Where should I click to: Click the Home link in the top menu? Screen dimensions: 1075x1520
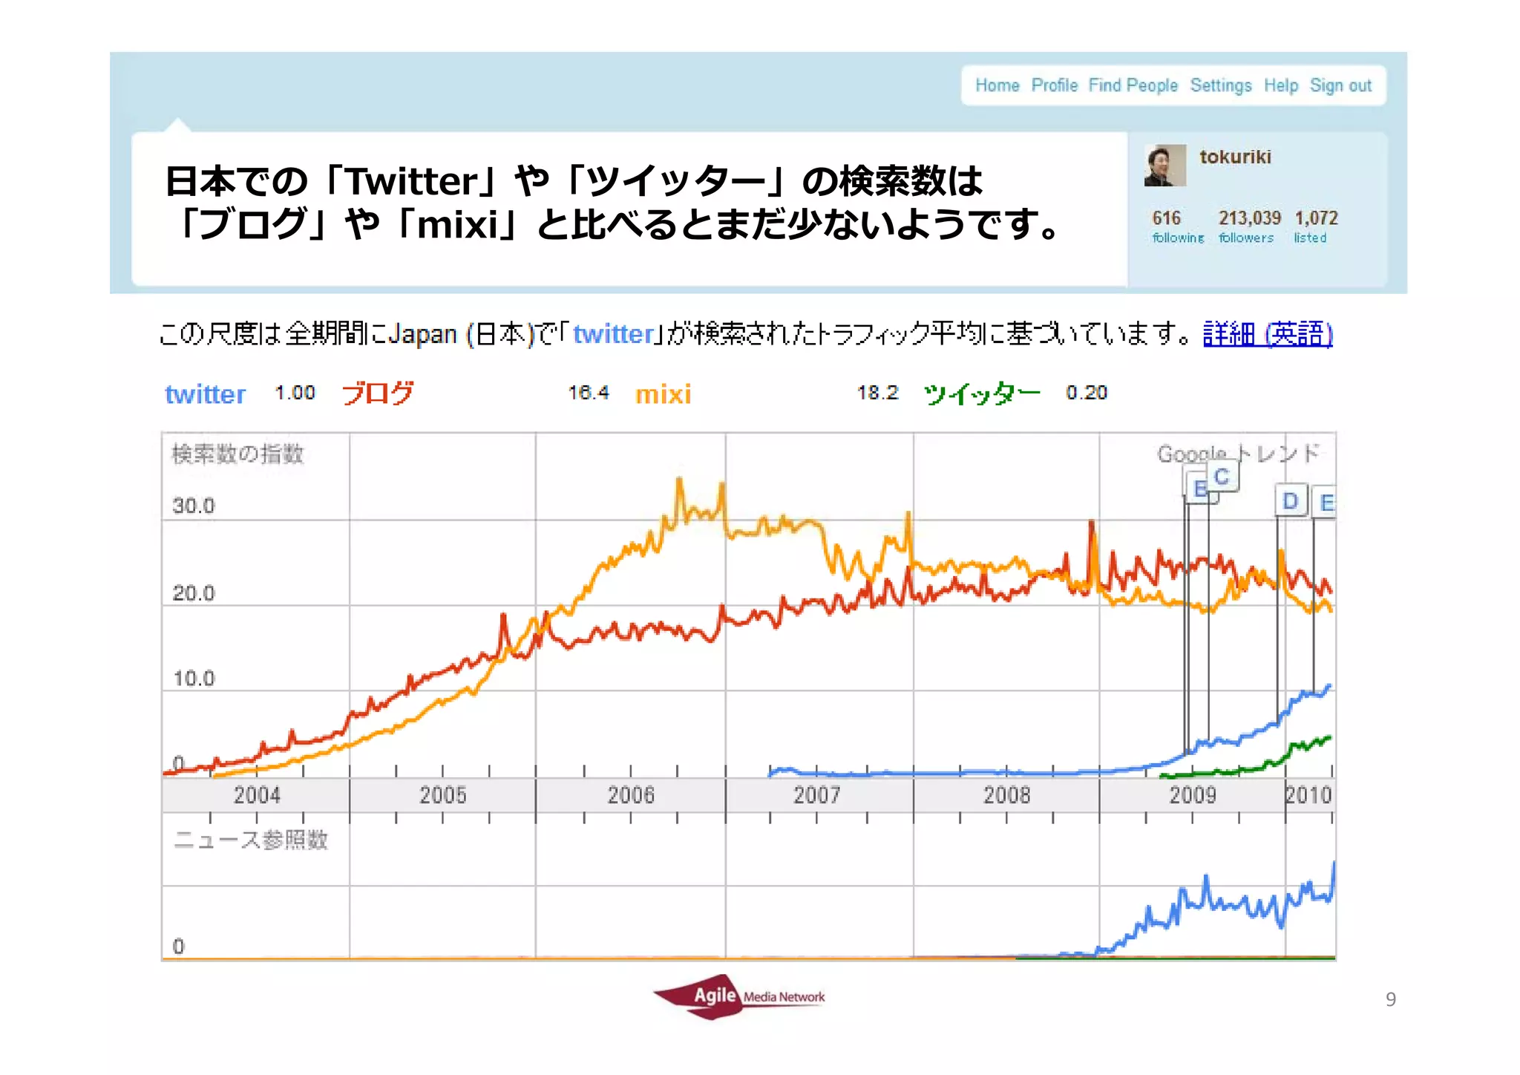tap(997, 85)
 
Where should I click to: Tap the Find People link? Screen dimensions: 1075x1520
tap(1133, 85)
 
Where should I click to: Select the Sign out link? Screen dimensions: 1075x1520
tap(1340, 85)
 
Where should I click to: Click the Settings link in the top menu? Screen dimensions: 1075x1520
tap(1221, 85)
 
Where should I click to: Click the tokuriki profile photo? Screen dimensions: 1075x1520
tap(1165, 166)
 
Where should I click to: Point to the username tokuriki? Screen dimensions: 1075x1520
tap(1235, 157)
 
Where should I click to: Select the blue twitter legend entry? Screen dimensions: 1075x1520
tap(205, 394)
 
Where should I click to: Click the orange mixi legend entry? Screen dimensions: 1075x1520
tap(663, 394)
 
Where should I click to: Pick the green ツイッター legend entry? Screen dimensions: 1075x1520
tap(981, 393)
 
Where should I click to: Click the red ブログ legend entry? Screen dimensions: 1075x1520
tap(377, 393)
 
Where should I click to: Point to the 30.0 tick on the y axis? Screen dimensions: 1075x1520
tap(193, 506)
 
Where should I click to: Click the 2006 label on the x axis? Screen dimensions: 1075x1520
tap(631, 795)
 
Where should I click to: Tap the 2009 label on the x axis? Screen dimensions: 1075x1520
tap(1193, 795)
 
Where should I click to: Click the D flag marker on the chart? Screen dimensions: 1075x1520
tap(1291, 501)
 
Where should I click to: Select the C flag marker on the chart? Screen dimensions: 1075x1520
tap(1222, 477)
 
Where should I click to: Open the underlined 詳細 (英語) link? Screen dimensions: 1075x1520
tap(1268, 334)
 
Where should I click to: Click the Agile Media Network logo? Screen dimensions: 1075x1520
tap(738, 996)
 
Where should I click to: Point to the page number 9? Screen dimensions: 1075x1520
tap(1390, 999)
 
